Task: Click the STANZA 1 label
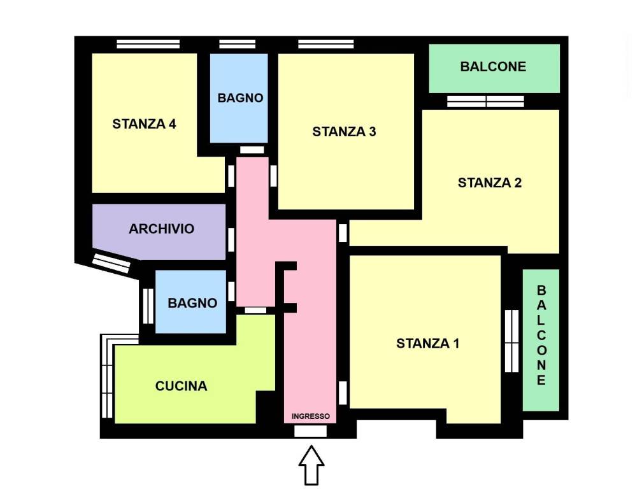point(427,343)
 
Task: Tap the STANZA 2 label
point(490,183)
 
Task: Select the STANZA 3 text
point(344,132)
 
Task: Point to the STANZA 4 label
point(144,124)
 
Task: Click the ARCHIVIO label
point(162,229)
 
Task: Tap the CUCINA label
point(182,386)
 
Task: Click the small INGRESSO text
point(311,416)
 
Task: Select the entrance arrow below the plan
point(311,465)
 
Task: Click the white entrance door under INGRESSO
point(310,431)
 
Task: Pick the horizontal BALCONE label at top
point(493,66)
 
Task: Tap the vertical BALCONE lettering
point(541,335)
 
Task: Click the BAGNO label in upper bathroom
point(241,97)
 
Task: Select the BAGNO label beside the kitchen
point(192,303)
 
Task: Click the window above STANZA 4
point(148,44)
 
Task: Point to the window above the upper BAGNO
point(238,44)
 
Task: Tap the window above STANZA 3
point(326,44)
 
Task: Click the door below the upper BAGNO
point(252,150)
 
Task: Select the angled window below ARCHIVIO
point(111,263)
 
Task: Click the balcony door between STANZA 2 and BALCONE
point(485,101)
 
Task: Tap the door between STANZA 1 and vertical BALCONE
point(512,341)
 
